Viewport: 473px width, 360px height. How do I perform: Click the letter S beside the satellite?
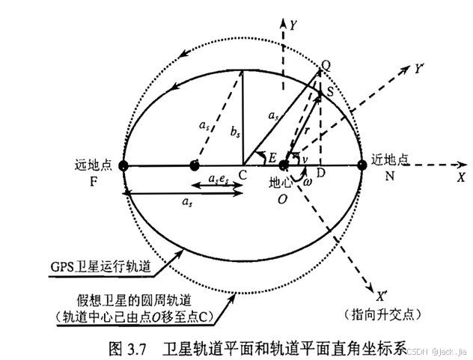330,89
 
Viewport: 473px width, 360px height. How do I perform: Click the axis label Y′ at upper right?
421,68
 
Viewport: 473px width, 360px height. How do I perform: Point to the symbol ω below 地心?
308,182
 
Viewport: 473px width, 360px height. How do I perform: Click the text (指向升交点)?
382,311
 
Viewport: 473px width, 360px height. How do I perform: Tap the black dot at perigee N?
362,165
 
